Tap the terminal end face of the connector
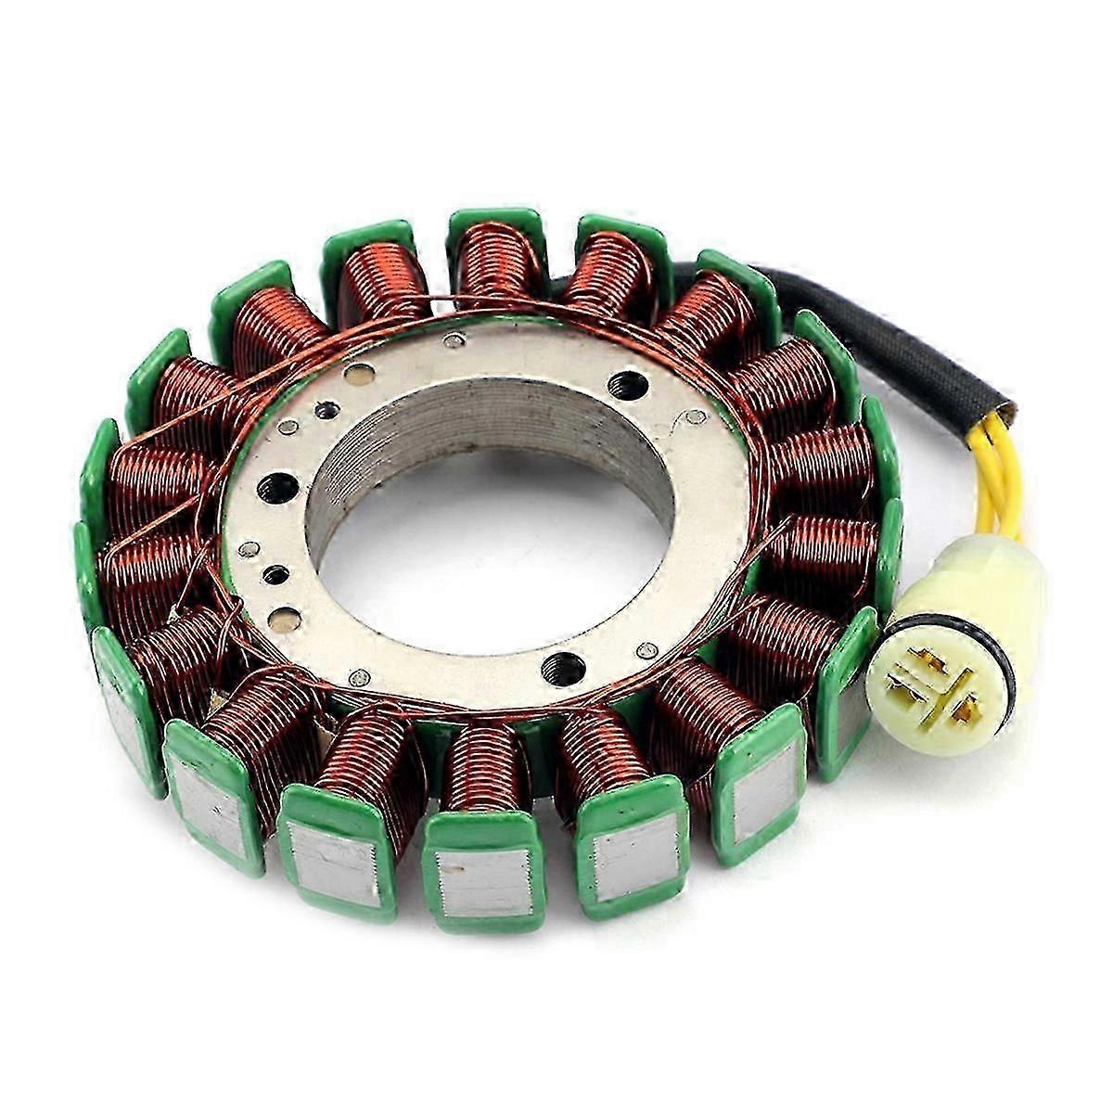pos(937,686)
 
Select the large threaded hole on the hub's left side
pos(277,487)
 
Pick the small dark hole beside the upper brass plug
pos(325,410)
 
